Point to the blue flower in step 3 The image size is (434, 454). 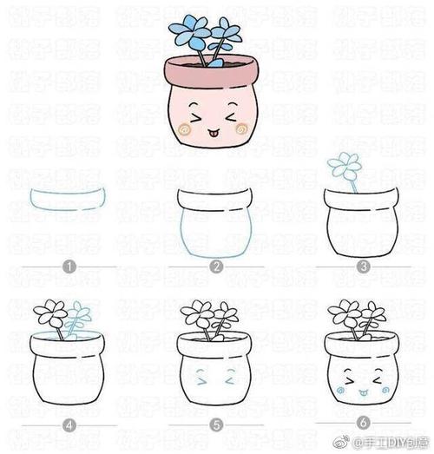coord(345,163)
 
